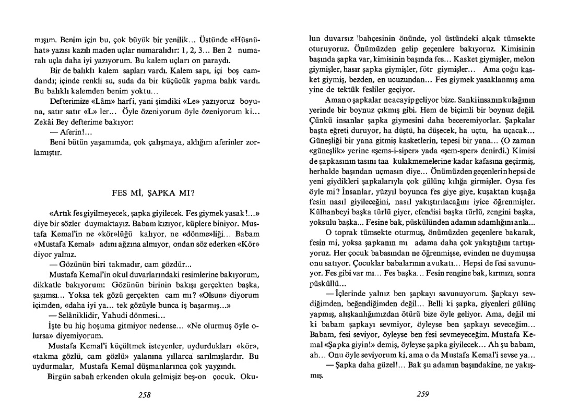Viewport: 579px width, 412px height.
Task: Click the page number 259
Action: pos(423,395)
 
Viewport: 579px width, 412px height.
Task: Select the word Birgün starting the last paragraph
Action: pos(60,376)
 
